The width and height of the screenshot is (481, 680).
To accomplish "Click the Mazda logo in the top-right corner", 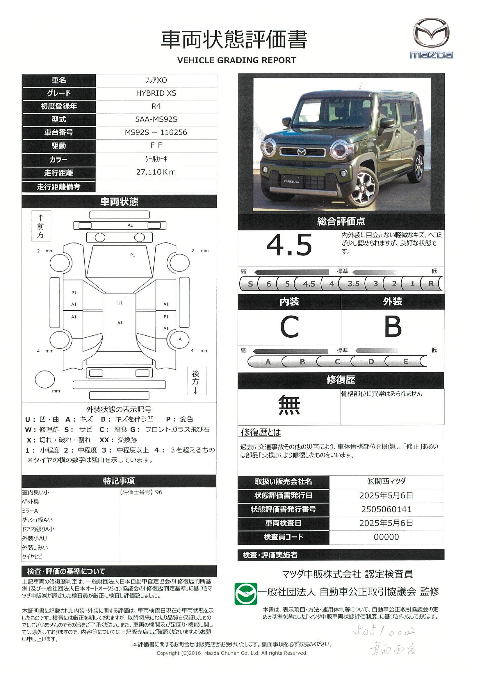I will click(431, 38).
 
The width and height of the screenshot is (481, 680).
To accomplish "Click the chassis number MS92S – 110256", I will click(156, 133).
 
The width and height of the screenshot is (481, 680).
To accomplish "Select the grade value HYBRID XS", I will click(156, 93).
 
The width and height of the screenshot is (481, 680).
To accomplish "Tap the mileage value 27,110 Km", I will click(156, 172).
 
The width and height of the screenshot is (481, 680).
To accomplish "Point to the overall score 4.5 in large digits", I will click(289, 245).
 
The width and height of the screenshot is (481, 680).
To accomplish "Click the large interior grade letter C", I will click(289, 327).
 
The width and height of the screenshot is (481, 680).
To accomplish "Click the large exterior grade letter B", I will click(393, 327).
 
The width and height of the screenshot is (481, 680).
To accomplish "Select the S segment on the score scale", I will click(250, 284).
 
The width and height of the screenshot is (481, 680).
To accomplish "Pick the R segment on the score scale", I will click(431, 284).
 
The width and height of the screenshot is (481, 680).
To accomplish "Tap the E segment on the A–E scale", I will click(405, 362).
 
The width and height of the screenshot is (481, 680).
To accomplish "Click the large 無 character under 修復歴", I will click(289, 405).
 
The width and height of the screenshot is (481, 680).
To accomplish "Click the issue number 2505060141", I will click(386, 509).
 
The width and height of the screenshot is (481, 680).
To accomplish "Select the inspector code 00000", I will click(386, 537).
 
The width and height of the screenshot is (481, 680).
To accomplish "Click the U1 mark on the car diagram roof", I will click(120, 303).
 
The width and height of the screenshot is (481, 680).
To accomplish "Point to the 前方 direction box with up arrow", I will click(41, 226).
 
